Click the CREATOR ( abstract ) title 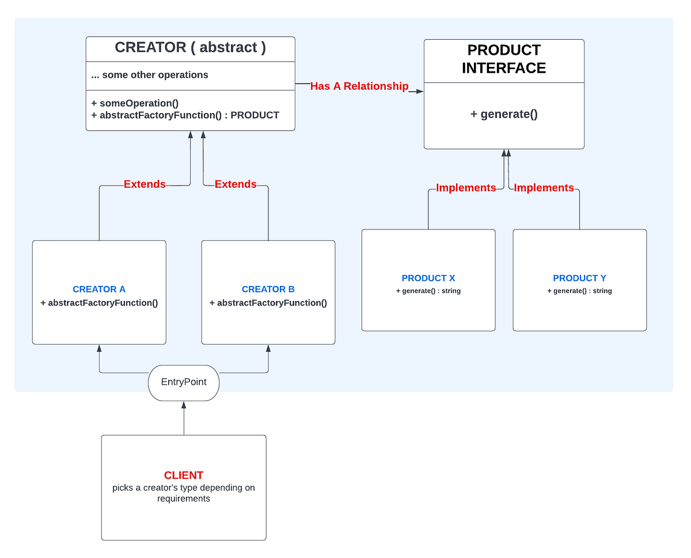pos(190,47)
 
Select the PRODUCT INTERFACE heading pos(504,59)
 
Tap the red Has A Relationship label pos(359,86)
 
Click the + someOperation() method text pos(135,103)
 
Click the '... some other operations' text pos(150,75)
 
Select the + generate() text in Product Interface pos(504,114)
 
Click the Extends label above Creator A pos(145,184)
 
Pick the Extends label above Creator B pos(236,184)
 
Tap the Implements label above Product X pos(466,188)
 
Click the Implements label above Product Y pos(544,188)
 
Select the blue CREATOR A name pos(99,289)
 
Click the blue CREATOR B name pos(268,289)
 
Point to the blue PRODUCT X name pos(428,278)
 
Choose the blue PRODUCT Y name pos(579,278)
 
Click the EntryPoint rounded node pos(184,382)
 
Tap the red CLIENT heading pos(184,476)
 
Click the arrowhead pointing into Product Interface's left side pos(420,91)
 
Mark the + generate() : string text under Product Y pos(579,291)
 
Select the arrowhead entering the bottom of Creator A pos(99,348)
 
